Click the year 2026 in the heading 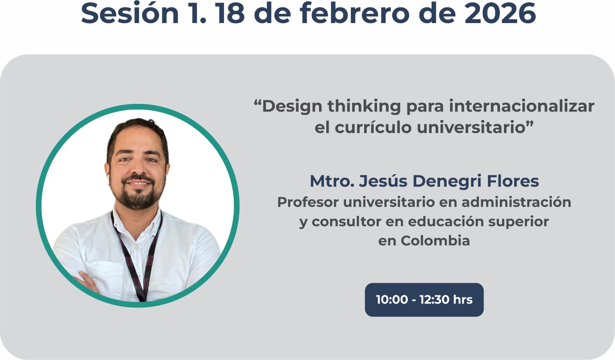500,13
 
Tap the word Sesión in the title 130,13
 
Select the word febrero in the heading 354,13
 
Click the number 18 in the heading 230,13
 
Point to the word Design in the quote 292,107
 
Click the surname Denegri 447,182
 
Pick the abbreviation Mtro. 332,182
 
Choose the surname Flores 513,181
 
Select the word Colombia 435,241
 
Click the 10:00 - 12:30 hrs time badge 424,300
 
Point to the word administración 516,202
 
